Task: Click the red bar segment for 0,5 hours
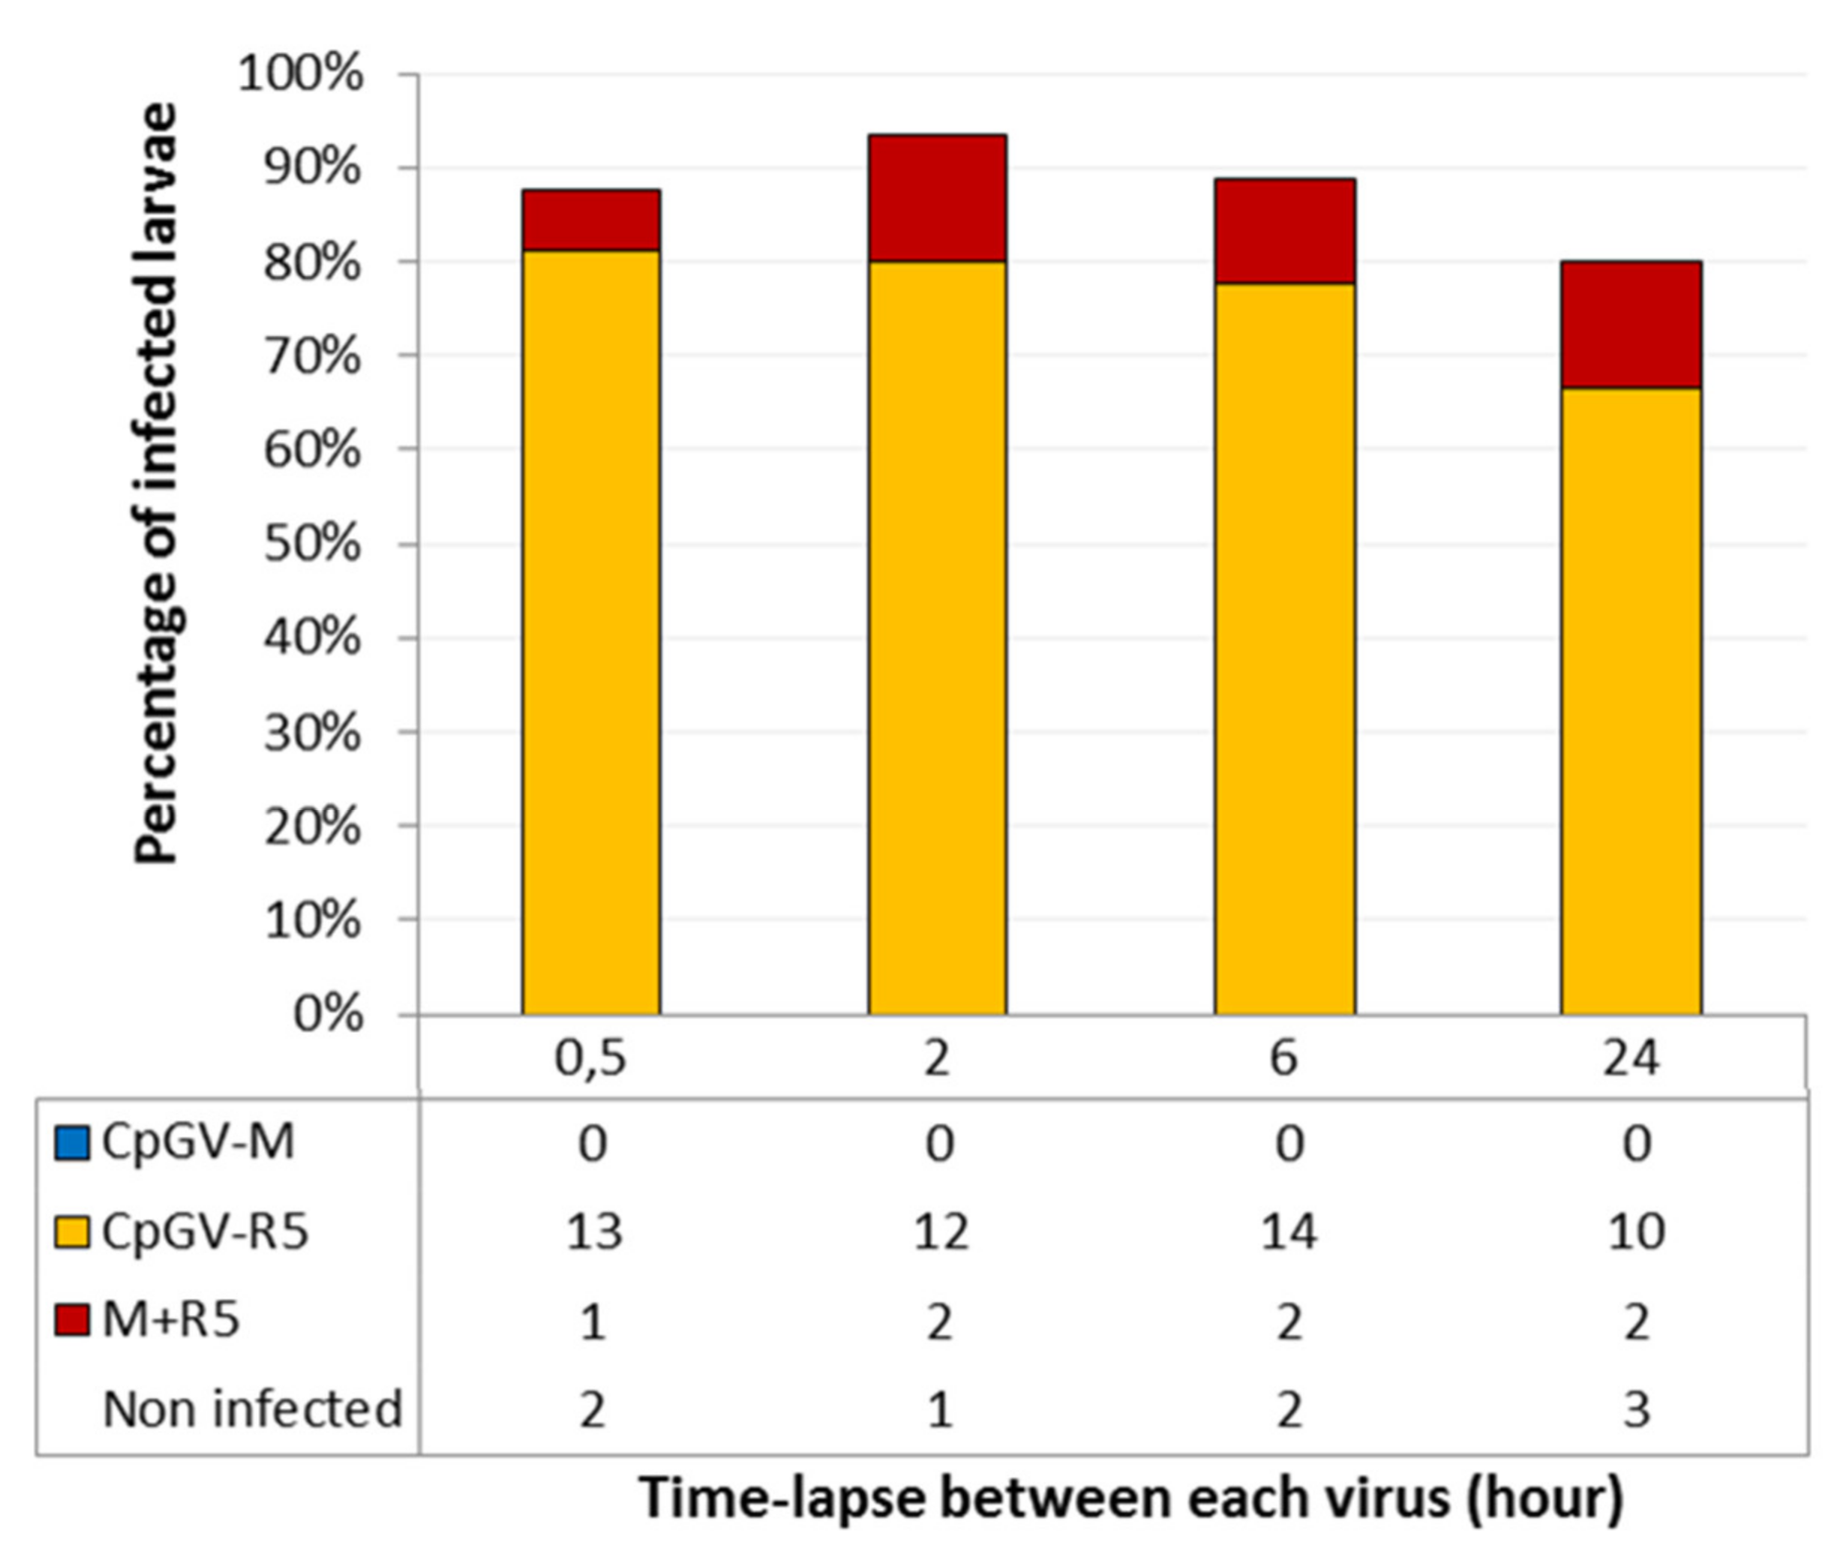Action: [x=590, y=221]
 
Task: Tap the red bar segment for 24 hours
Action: [x=1631, y=324]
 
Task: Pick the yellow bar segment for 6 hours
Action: [x=1284, y=648]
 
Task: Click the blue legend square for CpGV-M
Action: [x=71, y=1142]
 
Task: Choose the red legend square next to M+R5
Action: [x=71, y=1319]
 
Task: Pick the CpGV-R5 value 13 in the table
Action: [x=594, y=1232]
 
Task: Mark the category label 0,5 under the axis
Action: [x=590, y=1058]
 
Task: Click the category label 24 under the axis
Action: [x=1631, y=1058]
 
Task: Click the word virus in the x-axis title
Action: [x=1385, y=1496]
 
